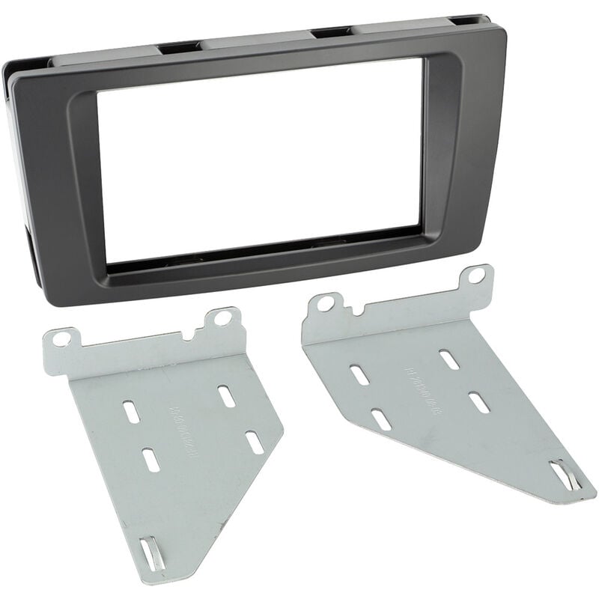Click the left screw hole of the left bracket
coord(62,338)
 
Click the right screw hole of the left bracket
coord(222,318)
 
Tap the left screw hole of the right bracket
coord(325,304)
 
